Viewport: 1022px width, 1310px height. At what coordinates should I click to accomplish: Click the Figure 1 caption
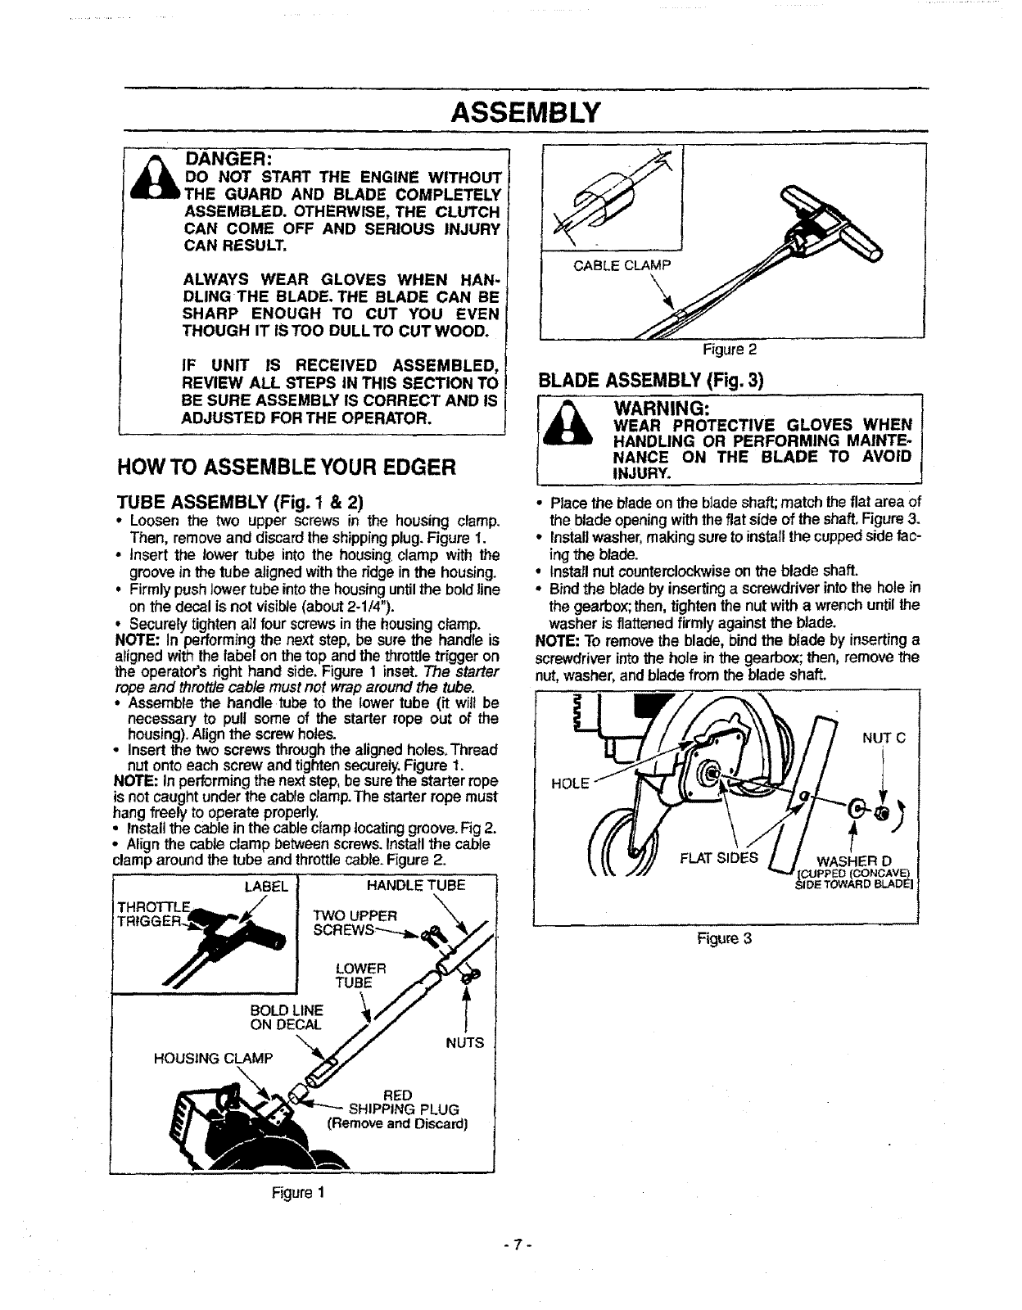tap(298, 1192)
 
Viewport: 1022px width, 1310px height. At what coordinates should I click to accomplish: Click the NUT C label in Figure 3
tap(883, 737)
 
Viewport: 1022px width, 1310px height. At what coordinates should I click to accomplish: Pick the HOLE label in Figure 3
tap(571, 783)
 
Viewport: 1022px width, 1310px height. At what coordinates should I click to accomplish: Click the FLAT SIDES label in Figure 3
tap(719, 858)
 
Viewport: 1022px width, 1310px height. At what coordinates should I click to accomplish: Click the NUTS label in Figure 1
tap(464, 1043)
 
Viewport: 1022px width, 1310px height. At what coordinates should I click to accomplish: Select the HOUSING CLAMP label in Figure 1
tap(213, 1058)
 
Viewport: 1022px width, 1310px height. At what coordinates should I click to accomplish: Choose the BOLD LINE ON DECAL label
tap(287, 1017)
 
